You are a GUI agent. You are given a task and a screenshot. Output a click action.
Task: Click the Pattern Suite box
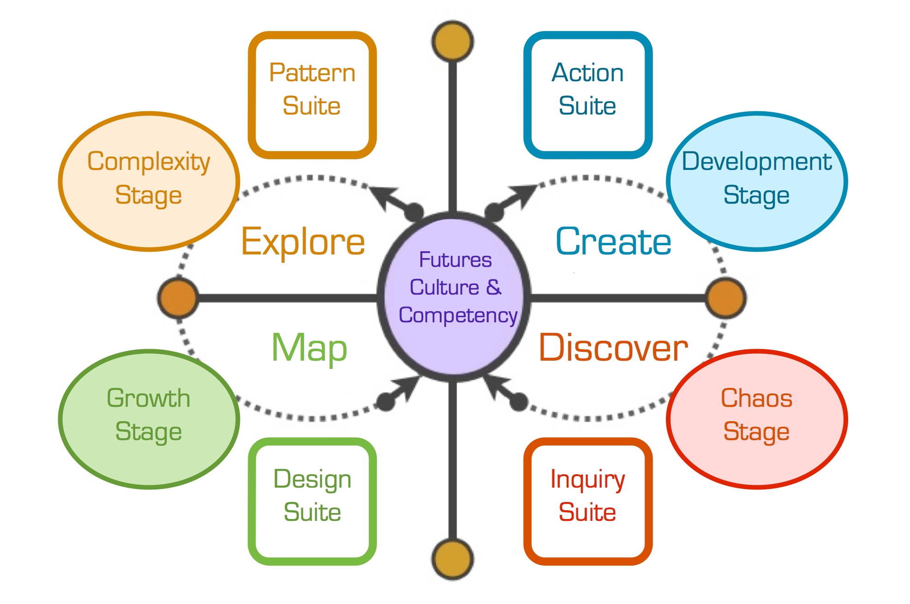tap(312, 95)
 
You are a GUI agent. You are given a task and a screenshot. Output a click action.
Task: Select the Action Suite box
tap(587, 95)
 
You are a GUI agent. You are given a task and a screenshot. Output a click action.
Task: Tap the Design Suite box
tap(312, 501)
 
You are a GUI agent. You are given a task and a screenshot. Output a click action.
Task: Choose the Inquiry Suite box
tap(587, 501)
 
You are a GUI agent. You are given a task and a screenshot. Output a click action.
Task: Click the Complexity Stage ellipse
tap(149, 181)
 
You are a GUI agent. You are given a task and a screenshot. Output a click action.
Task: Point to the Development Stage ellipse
tap(757, 181)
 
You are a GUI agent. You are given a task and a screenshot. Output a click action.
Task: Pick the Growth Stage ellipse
tap(149, 418)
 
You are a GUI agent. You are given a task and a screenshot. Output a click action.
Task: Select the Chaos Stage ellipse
tap(757, 418)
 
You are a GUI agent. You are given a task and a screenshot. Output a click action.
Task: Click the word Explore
tap(303, 242)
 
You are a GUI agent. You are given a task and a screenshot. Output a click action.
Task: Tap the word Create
tap(613, 242)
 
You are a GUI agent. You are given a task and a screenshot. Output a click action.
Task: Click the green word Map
tap(309, 349)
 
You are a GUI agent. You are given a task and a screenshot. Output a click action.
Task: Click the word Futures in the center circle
tap(455, 260)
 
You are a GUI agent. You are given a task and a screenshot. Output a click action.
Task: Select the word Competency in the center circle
tap(458, 316)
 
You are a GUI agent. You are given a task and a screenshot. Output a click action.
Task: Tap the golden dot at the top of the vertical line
tap(453, 41)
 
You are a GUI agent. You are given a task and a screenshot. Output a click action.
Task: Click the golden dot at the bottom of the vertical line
tap(453, 558)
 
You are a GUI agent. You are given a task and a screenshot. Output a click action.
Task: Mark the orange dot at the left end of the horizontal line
tap(178, 298)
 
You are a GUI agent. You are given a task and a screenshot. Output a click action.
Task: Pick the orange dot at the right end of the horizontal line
tap(726, 298)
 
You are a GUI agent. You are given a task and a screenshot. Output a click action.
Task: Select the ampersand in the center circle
tap(493, 287)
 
